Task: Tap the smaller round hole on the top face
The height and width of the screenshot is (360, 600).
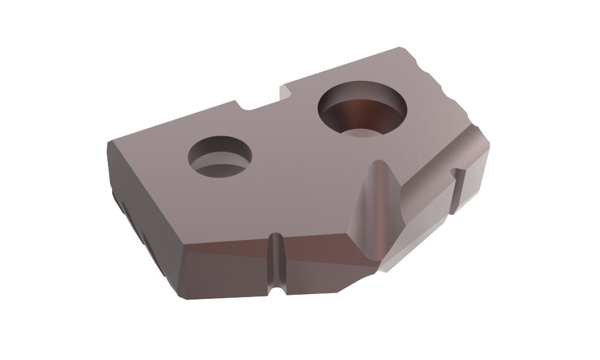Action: click(x=219, y=157)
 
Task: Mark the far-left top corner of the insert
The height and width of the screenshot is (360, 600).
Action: click(x=109, y=142)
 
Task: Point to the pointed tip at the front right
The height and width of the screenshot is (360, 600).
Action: click(x=378, y=264)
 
